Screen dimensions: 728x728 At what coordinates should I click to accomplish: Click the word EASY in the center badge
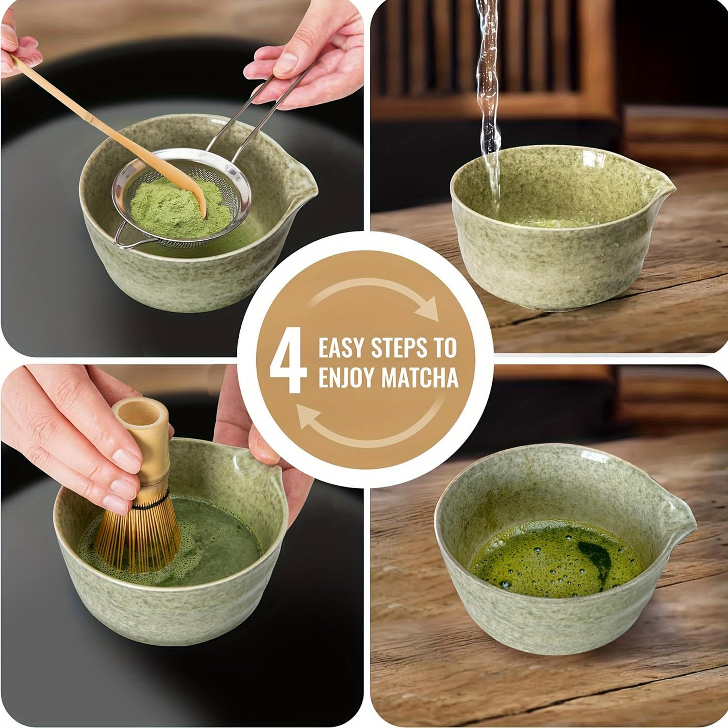(341, 348)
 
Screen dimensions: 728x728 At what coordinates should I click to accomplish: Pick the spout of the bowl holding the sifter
(308, 187)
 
